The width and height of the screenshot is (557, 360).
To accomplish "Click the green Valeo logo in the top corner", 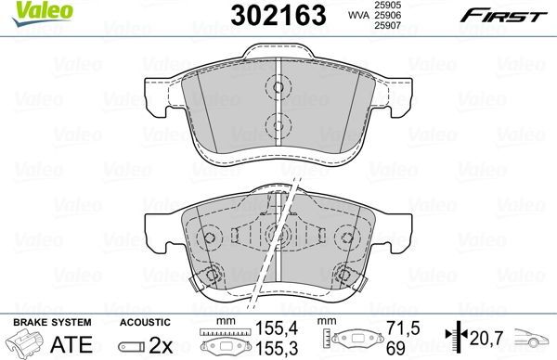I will pos(30,10).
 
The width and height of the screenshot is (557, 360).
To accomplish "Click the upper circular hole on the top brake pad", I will pos(275,89).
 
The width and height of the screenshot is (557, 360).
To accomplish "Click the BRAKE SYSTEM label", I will pos(52,321).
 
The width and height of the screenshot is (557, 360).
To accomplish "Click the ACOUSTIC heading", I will pos(144,321).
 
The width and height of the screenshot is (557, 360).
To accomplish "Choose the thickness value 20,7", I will pos(483,340).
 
